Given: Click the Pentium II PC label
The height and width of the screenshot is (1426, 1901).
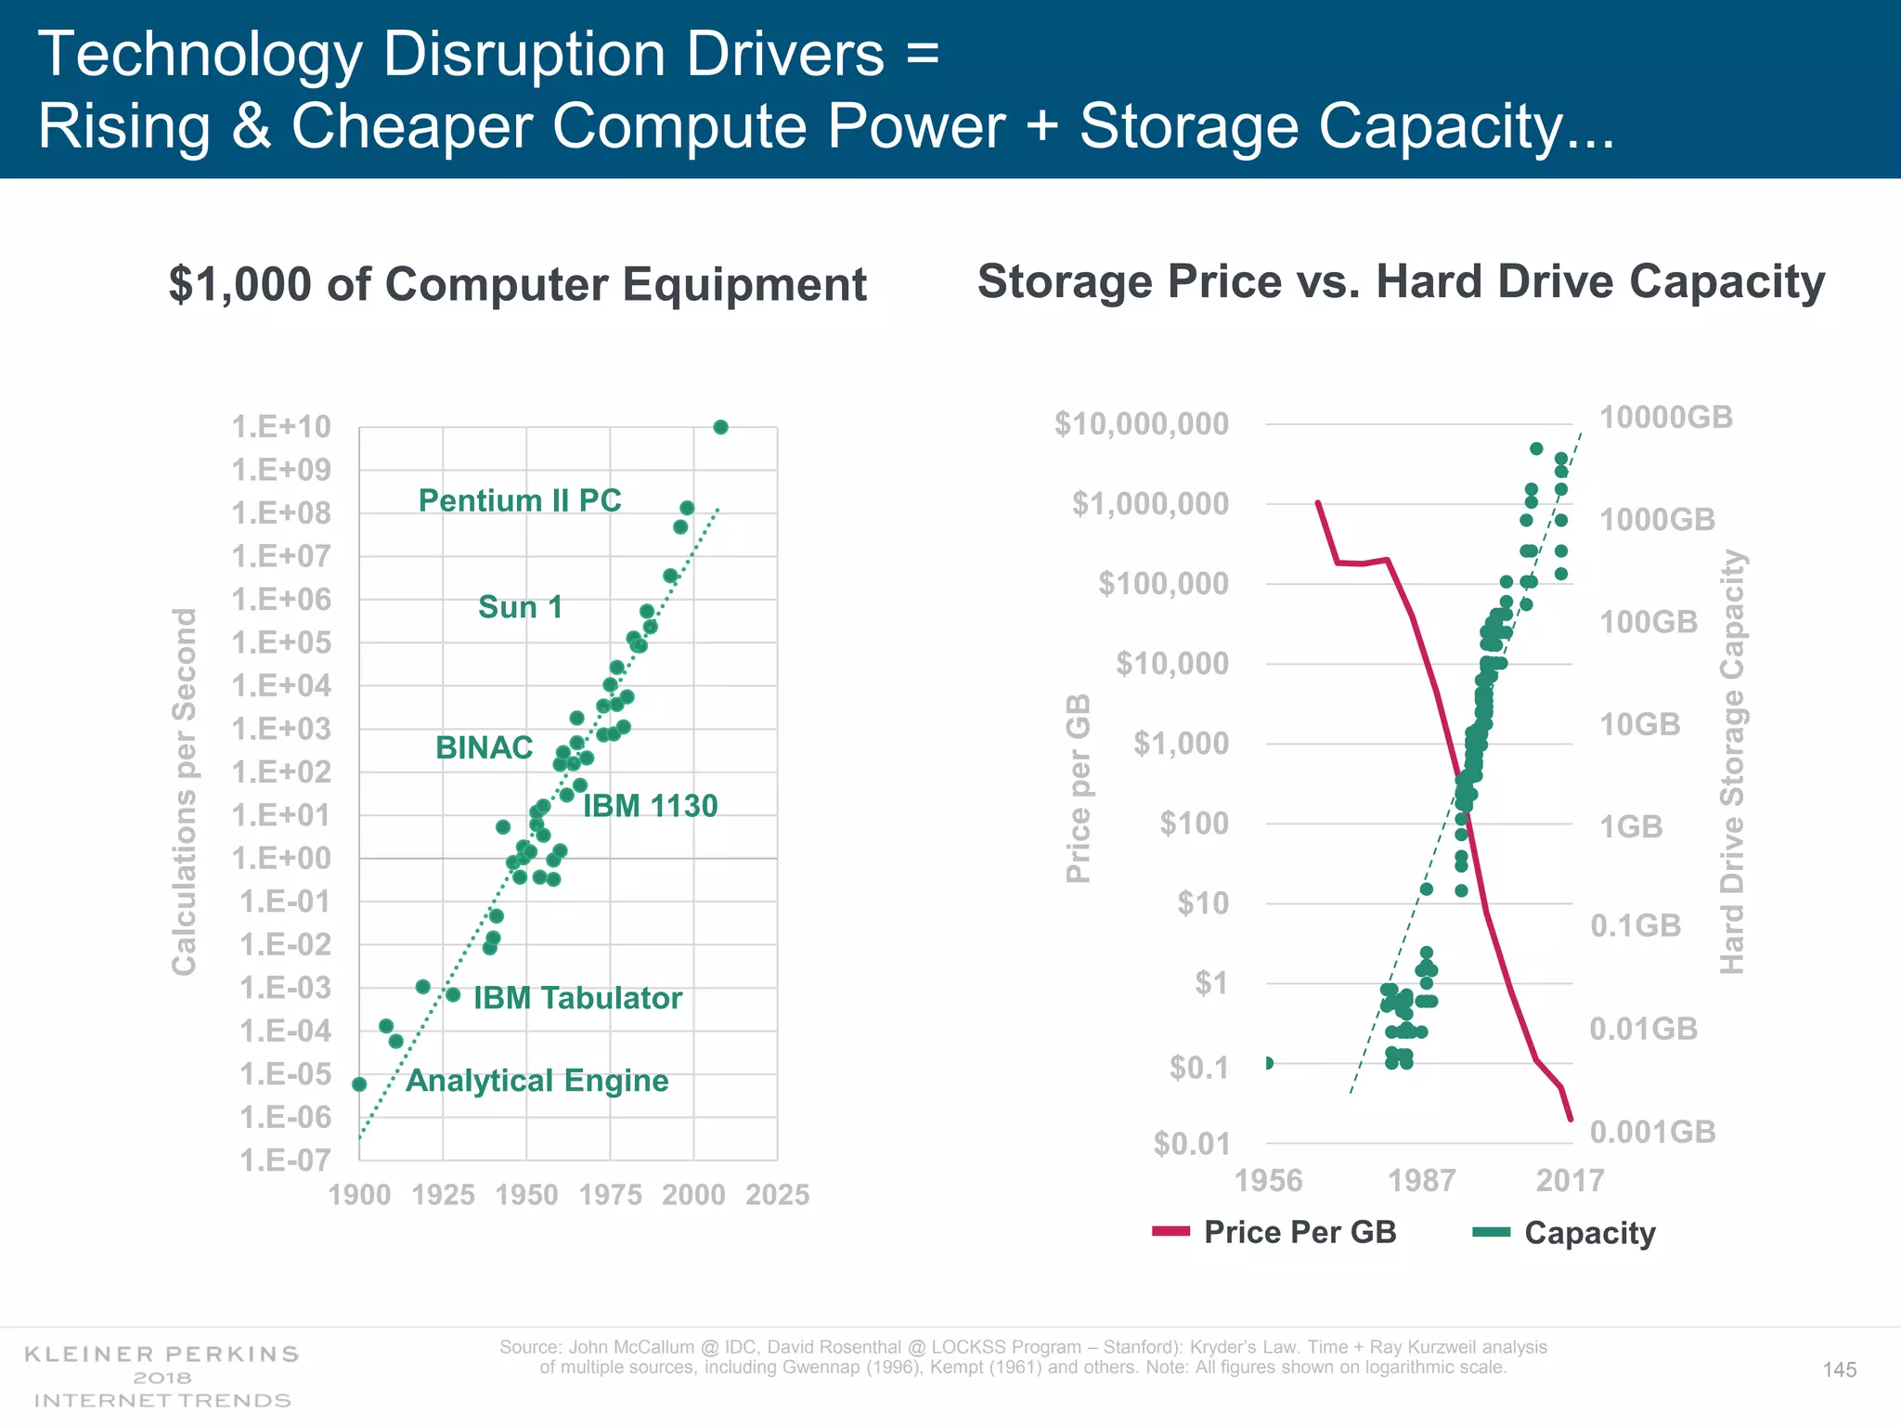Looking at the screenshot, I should point(520,500).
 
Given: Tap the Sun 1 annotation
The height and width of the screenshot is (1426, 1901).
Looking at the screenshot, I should point(520,607).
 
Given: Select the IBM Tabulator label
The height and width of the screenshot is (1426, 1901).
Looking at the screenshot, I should point(577,998).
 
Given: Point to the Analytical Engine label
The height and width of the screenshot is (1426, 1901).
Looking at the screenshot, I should point(537,1081).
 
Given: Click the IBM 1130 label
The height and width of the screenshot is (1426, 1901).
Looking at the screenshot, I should point(650,806).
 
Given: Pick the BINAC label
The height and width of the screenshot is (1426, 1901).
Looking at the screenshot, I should point(484,747).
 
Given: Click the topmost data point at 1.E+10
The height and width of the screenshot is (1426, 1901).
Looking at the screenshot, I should point(720,427).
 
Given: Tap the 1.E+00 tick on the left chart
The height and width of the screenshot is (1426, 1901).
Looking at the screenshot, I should point(280,859).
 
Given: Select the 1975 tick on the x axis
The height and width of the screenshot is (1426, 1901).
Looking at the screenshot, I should point(610,1195).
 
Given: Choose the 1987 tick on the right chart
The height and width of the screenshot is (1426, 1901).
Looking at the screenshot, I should point(1421,1180).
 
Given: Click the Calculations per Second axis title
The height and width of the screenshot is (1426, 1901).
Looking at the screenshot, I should point(185,791).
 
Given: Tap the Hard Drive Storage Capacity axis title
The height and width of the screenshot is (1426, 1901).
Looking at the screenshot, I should point(1732,761).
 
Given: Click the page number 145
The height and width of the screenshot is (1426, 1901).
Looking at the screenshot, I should point(1839,1370).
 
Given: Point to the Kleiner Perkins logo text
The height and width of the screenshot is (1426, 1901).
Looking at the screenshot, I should point(162,1355).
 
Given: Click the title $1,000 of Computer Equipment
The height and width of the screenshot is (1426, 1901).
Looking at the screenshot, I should point(517,284).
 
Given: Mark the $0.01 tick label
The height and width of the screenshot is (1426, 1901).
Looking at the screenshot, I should point(1192,1144).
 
